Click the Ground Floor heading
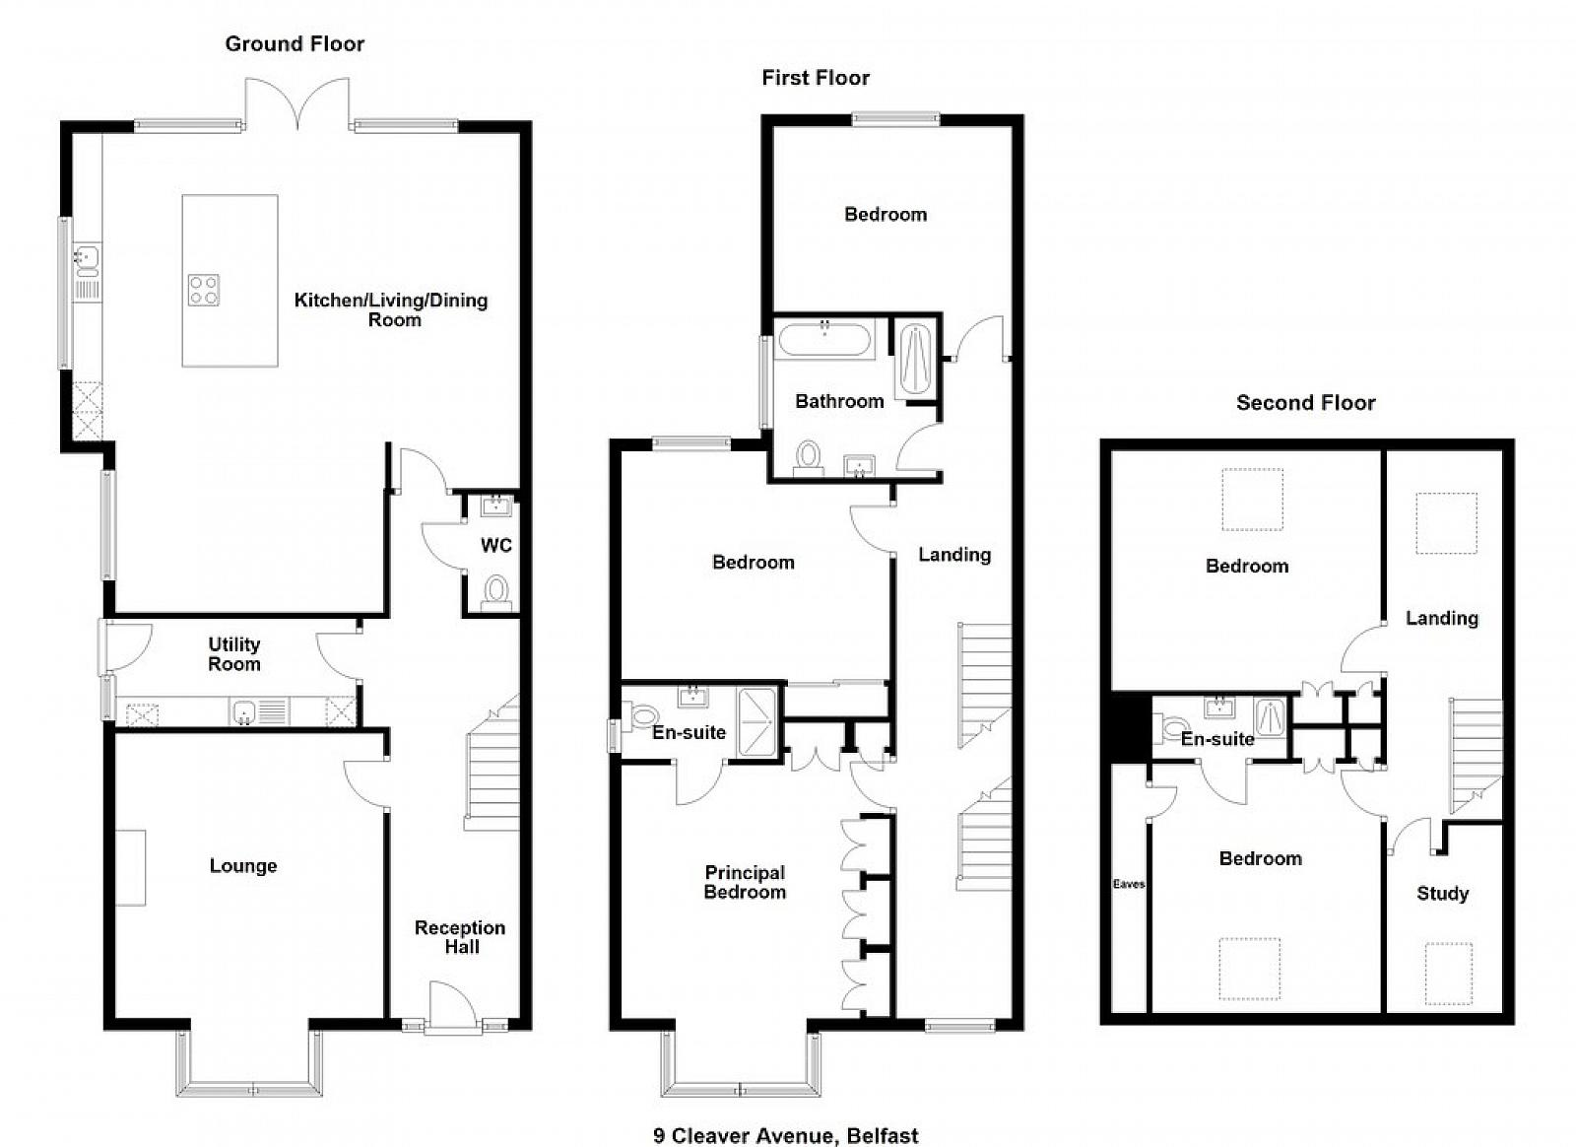pyautogui.click(x=295, y=43)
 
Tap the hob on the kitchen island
pyautogui.click(x=203, y=290)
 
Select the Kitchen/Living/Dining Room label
pyautogui.click(x=391, y=309)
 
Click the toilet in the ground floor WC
pyautogui.click(x=496, y=592)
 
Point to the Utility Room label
pyautogui.click(x=234, y=653)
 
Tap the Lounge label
pyautogui.click(x=243, y=865)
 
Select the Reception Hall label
pyautogui.click(x=460, y=936)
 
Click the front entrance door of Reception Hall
pyautogui.click(x=452, y=1007)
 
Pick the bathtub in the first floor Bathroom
pyautogui.click(x=824, y=339)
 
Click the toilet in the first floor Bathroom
pyautogui.click(x=809, y=459)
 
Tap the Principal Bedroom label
pyautogui.click(x=745, y=882)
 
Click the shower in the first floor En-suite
pyautogui.click(x=757, y=722)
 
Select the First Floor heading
pyautogui.click(x=816, y=78)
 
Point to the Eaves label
pyautogui.click(x=1129, y=884)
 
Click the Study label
pyautogui.click(x=1442, y=893)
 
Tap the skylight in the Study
pyautogui.click(x=1449, y=974)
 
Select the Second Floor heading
pyautogui.click(x=1306, y=402)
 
